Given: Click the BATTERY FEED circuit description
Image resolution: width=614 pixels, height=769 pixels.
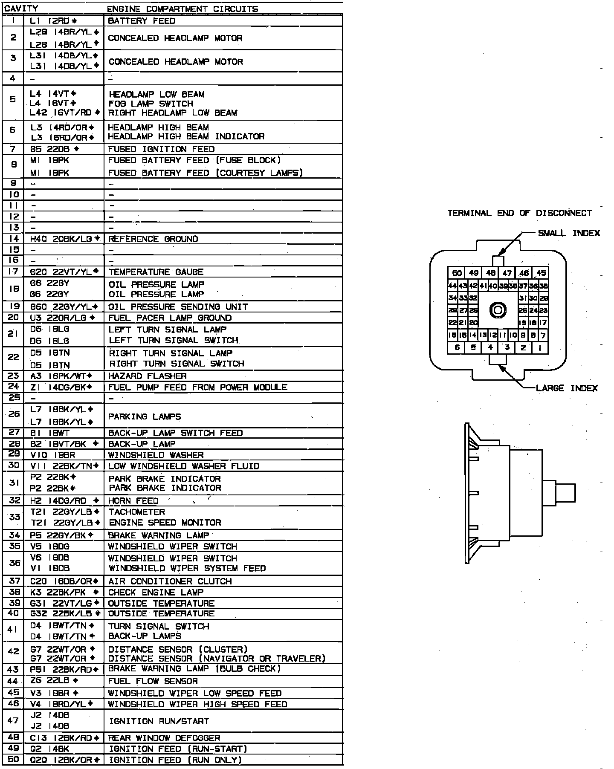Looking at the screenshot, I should (x=142, y=20).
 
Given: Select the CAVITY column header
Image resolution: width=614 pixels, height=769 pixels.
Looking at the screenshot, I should (x=21, y=8).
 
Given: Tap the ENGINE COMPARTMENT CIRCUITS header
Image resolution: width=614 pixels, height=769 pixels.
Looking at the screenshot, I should (x=182, y=9).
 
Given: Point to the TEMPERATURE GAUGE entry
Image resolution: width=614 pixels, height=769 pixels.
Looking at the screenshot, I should (x=156, y=272).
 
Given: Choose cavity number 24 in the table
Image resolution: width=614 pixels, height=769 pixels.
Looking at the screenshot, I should (x=14, y=386).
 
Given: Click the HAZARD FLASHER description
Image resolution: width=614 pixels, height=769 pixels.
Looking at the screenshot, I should (x=148, y=376).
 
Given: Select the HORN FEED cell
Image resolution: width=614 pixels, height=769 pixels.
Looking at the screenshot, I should (x=133, y=500).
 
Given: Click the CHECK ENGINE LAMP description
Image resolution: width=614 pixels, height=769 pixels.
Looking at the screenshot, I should (x=156, y=592).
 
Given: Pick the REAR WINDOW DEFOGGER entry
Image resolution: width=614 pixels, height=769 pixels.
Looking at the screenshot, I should (x=164, y=738).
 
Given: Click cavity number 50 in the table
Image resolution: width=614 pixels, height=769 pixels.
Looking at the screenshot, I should (x=14, y=760).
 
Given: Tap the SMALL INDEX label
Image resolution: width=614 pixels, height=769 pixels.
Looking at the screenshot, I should (x=569, y=233).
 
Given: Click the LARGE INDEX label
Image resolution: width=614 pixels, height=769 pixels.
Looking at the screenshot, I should (x=567, y=388).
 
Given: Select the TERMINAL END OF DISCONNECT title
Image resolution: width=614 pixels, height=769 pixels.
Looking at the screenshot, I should (x=519, y=213).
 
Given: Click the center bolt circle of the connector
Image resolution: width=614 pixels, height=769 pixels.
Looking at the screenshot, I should (x=498, y=310).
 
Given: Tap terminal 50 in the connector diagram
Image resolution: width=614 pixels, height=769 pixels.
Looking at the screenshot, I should (x=457, y=273).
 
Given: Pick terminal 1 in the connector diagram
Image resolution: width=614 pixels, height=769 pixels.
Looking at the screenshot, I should (x=540, y=348).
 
